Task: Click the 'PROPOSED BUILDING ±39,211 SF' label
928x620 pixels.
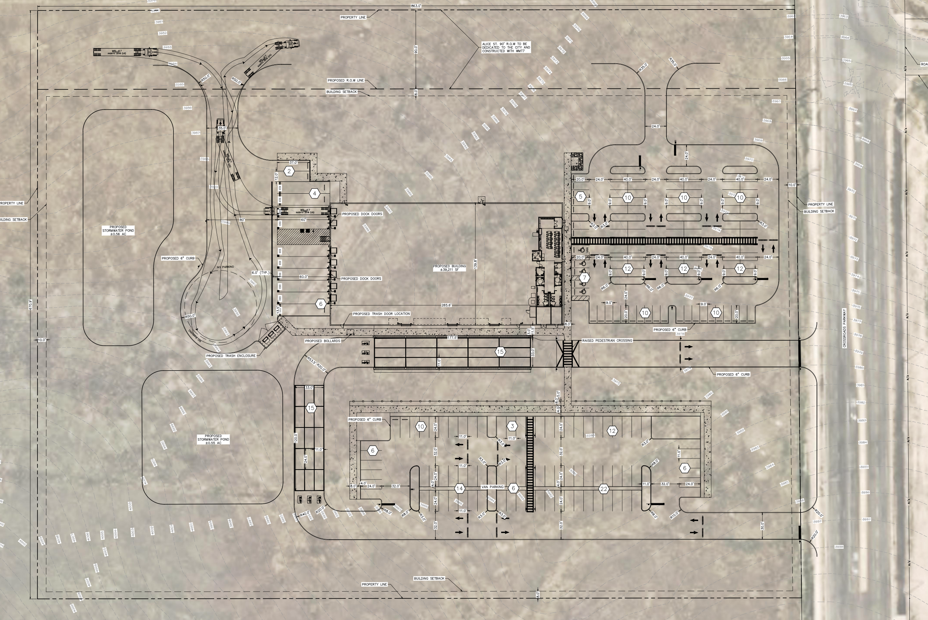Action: coord(449,268)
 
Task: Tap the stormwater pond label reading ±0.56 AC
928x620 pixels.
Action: coord(118,230)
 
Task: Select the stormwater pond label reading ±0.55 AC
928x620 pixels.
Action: coord(213,439)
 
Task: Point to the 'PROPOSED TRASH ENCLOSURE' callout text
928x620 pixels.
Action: coord(230,356)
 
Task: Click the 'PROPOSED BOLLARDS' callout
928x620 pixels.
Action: coord(322,341)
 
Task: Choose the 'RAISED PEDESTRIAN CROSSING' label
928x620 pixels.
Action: coord(607,340)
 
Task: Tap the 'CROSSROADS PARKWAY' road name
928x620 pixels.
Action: coord(844,328)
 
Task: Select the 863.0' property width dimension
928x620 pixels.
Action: coord(416,6)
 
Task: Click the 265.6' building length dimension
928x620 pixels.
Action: coord(446,305)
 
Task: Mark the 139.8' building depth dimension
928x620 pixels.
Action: coord(475,264)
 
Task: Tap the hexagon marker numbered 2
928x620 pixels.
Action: coord(289,171)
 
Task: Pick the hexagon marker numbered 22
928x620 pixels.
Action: coord(604,489)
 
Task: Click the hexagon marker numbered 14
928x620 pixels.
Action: coord(459,489)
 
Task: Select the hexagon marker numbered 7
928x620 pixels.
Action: coord(584,277)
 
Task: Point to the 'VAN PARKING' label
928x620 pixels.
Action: coord(492,487)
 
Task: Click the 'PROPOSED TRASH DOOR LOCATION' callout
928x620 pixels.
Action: coord(381,314)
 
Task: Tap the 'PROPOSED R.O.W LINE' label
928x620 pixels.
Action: coord(345,81)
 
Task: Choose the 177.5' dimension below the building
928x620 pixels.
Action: coord(452,338)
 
